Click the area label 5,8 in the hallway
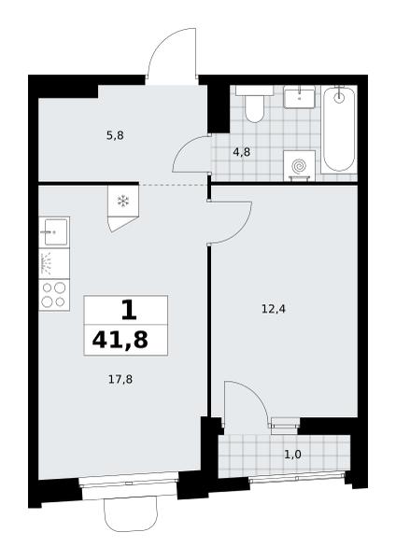click(115, 135)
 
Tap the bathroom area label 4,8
click(242, 152)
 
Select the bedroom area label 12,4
click(274, 309)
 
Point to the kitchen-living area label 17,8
click(120, 379)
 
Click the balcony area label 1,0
click(293, 455)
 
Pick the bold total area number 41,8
click(120, 340)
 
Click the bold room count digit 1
click(129, 310)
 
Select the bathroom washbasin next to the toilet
click(300, 97)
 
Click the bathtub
click(339, 130)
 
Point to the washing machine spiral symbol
click(299, 166)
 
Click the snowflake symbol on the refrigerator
click(123, 202)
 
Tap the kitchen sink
click(54, 232)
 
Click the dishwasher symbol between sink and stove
click(47, 263)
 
